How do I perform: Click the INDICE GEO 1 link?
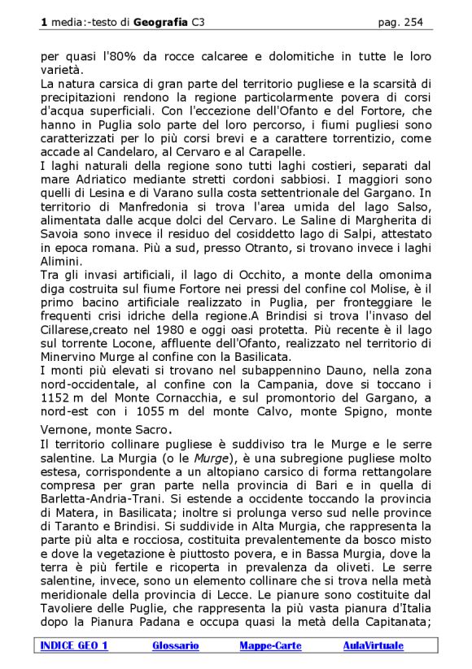pos(74,645)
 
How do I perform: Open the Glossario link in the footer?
pos(176,645)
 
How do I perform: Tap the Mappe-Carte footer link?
pos(270,645)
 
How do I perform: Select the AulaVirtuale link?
pos(374,645)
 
